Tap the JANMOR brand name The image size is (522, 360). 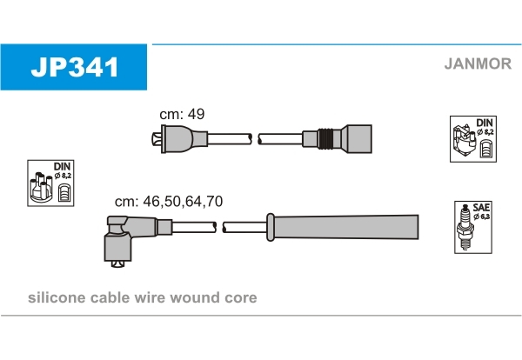(476, 63)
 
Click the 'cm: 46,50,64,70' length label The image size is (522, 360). (170, 201)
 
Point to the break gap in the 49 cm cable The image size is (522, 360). (256, 137)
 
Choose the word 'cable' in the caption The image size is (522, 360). (110, 297)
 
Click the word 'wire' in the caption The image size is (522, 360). (154, 297)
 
